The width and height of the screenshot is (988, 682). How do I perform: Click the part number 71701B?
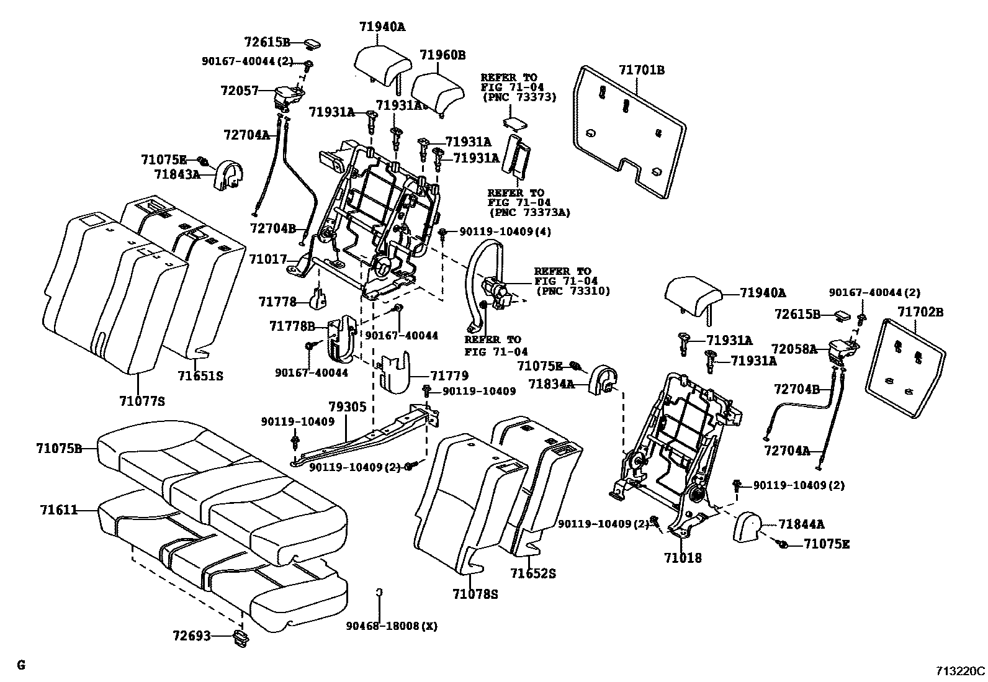coord(641,70)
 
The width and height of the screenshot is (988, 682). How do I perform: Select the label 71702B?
coord(920,312)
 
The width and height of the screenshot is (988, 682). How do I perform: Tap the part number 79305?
coord(348,407)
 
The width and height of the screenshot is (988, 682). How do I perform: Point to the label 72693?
coord(192,636)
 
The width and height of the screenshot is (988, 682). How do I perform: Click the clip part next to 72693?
coord(240,637)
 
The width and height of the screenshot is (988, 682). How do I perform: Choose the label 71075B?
coord(59,448)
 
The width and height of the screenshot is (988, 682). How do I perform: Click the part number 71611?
coord(59,510)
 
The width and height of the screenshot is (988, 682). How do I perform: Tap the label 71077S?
coord(142,402)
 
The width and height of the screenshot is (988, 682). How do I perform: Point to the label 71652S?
coord(533,574)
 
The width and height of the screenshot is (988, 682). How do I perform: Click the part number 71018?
coord(683,558)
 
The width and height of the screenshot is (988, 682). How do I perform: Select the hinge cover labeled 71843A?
coord(228,174)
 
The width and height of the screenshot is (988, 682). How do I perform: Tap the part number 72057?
coord(239,91)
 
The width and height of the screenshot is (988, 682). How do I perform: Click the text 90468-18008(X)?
coord(392,626)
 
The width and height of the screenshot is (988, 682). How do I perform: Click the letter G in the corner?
coord(21,665)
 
